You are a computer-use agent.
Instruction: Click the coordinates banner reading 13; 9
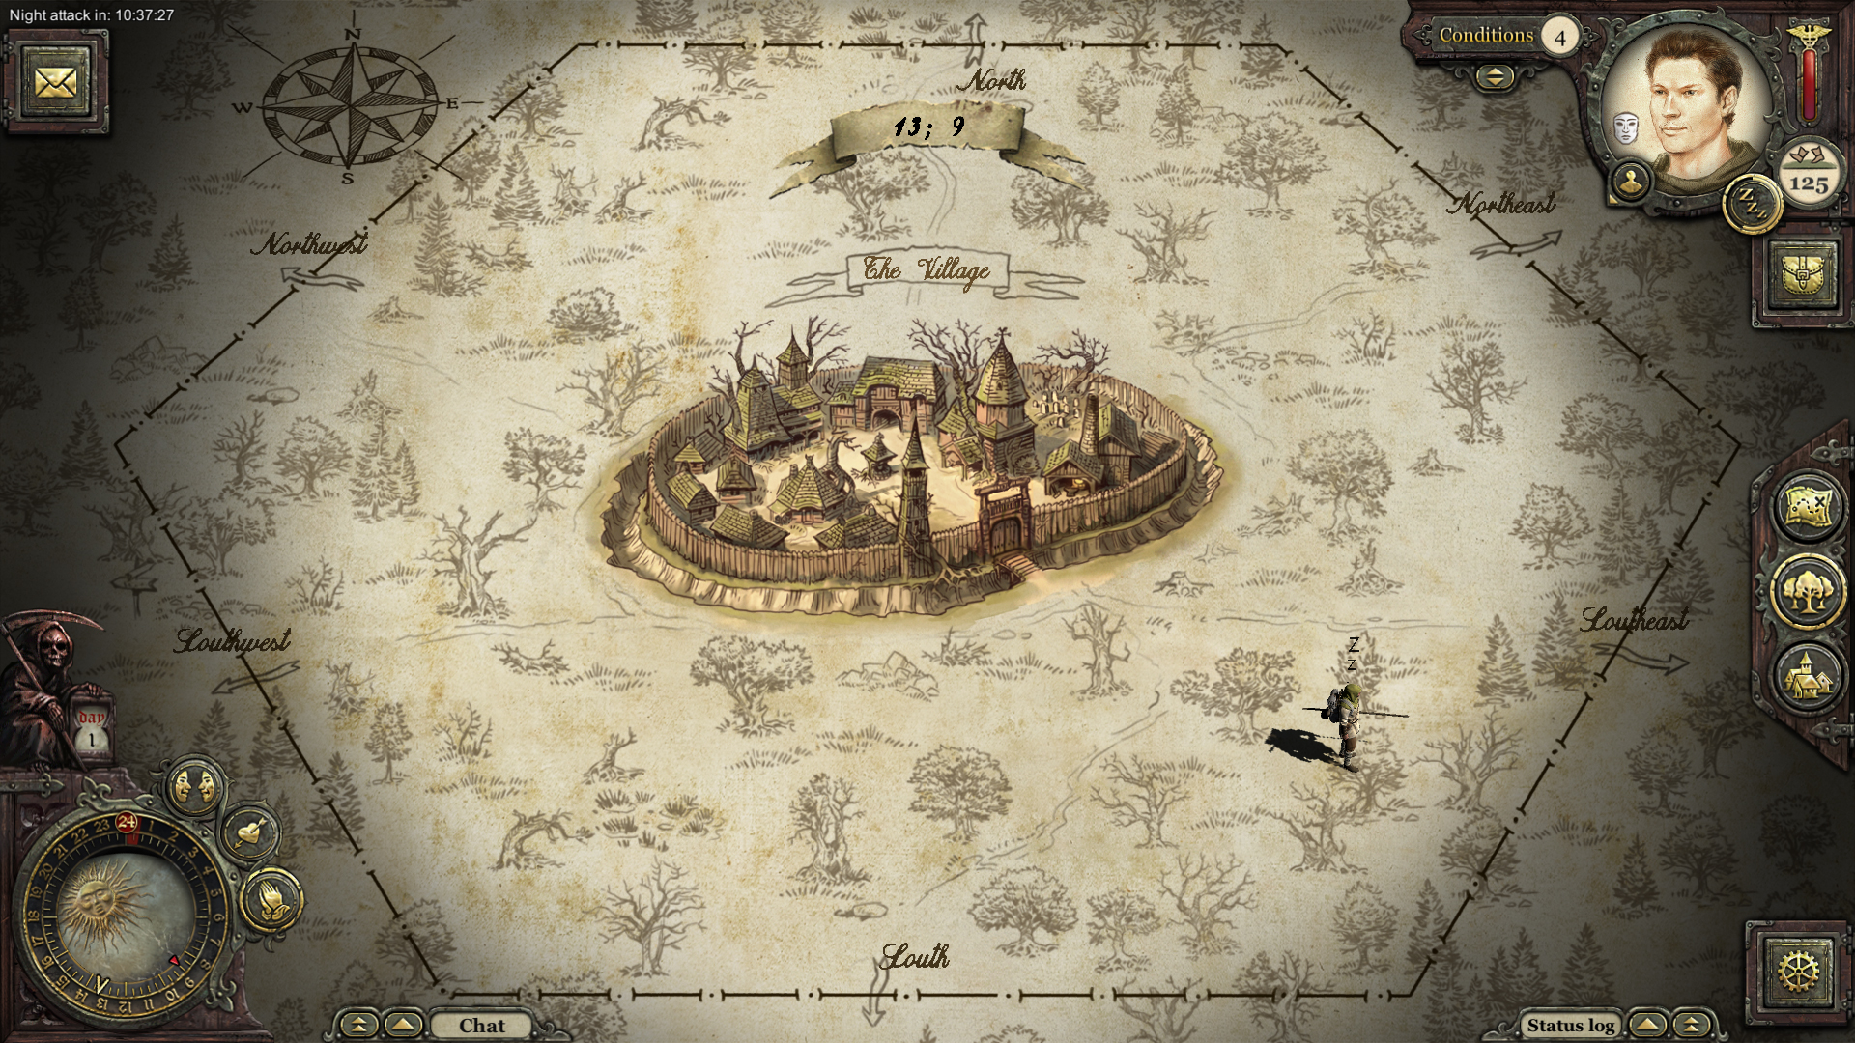(x=927, y=127)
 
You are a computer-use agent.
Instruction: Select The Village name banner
(x=926, y=270)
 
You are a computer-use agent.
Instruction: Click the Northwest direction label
(x=310, y=244)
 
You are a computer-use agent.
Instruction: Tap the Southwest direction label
(x=233, y=641)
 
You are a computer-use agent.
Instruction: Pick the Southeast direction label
(x=1635, y=620)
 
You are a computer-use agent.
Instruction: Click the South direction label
(x=915, y=957)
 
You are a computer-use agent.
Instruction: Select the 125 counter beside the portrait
(x=1808, y=181)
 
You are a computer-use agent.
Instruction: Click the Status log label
(x=1570, y=1026)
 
